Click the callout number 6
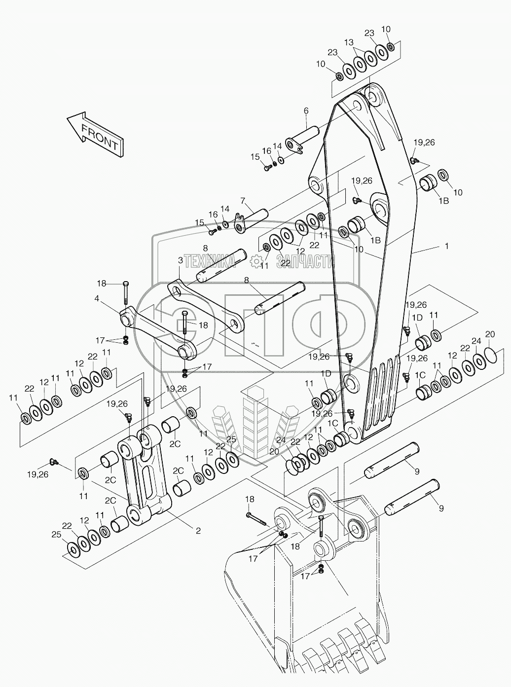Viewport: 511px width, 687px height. coord(306,110)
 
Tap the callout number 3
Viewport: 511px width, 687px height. coord(181,260)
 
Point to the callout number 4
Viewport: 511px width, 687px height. coord(97,298)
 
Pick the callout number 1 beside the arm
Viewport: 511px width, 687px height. coord(446,246)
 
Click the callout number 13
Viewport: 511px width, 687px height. coord(349,42)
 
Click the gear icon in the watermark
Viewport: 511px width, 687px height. coord(256,261)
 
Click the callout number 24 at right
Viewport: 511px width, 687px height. coord(476,341)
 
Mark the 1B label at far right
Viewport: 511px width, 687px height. coord(443,200)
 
